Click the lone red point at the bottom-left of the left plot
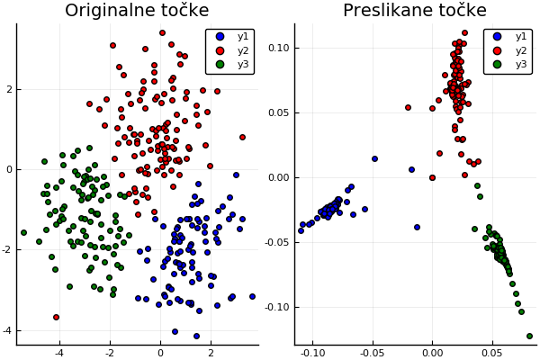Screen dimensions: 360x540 tap(56, 317)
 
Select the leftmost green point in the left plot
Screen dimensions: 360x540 tap(23, 232)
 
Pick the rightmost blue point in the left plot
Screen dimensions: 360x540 tap(252, 296)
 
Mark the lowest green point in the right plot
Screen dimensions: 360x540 tap(529, 336)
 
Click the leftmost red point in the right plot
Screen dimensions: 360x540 tap(408, 107)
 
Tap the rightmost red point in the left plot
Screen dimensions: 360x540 tap(242, 137)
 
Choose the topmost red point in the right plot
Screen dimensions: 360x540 tap(464, 32)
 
